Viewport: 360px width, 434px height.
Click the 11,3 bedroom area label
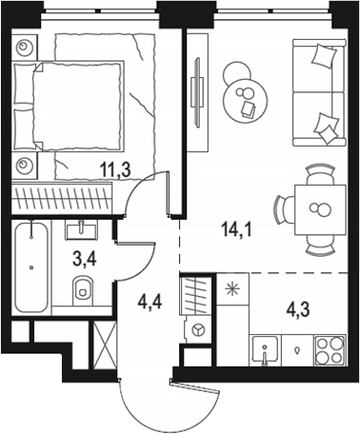(x=115, y=170)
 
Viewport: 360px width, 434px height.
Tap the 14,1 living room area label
(x=236, y=229)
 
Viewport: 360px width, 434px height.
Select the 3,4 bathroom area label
(x=85, y=261)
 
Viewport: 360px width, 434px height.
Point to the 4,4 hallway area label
(x=150, y=302)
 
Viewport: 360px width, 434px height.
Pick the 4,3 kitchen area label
(x=297, y=309)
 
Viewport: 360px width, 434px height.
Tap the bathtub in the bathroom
(x=30, y=266)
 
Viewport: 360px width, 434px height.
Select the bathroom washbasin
(x=81, y=229)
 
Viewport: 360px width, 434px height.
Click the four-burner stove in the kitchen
(x=330, y=350)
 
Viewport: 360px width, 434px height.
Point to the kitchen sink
(x=266, y=350)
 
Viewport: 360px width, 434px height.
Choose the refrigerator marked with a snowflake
(x=232, y=289)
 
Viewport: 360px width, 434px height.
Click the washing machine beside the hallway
(x=198, y=329)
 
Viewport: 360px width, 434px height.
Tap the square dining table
(x=320, y=209)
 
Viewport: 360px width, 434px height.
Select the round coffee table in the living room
(x=246, y=101)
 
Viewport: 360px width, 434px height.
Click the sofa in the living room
(x=319, y=92)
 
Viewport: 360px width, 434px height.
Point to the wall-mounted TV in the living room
(x=197, y=92)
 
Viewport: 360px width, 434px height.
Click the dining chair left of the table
(x=283, y=209)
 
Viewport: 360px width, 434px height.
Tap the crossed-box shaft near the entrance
(x=104, y=345)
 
